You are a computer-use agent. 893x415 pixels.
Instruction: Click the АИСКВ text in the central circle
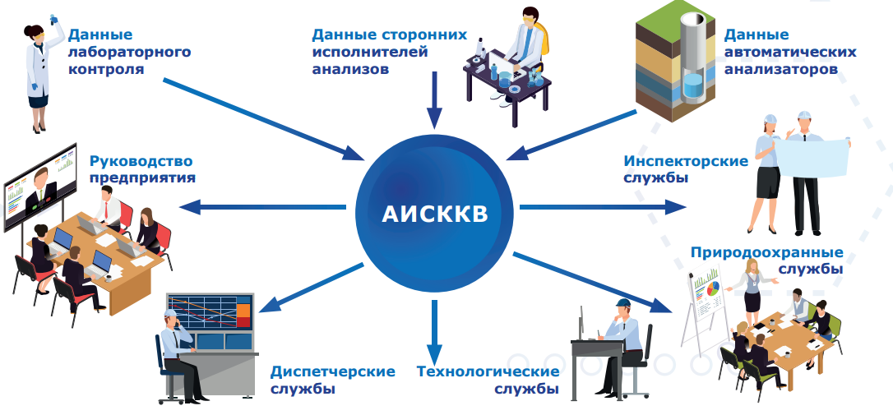coord(434,214)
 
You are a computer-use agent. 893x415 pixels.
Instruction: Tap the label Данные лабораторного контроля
coord(129,52)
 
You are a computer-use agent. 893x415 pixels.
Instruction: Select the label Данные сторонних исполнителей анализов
coord(389,52)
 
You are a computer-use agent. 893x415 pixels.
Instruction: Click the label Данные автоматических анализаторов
coord(790,52)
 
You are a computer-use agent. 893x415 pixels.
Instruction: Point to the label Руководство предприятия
coord(142,169)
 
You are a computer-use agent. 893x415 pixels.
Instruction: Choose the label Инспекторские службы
coord(686,169)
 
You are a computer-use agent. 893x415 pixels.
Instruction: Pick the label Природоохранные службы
coord(766,260)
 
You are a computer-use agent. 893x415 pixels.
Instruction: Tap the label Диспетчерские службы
coord(332,380)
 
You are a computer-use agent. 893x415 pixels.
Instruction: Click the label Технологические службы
coord(488,380)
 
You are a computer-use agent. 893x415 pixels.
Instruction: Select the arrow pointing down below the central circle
coord(434,331)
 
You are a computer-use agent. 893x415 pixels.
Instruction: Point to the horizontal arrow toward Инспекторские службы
coord(603,207)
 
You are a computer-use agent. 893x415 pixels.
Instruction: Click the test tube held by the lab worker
coord(55,21)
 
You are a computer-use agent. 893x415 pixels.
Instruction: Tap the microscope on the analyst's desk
coord(479,52)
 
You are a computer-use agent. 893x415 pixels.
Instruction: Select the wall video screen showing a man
coord(39,187)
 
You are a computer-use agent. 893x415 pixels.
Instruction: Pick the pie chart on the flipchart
coord(713,288)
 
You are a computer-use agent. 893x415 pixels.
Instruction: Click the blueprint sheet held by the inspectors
coord(811,159)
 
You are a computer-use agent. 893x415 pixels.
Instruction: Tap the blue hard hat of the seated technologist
coord(622,303)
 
